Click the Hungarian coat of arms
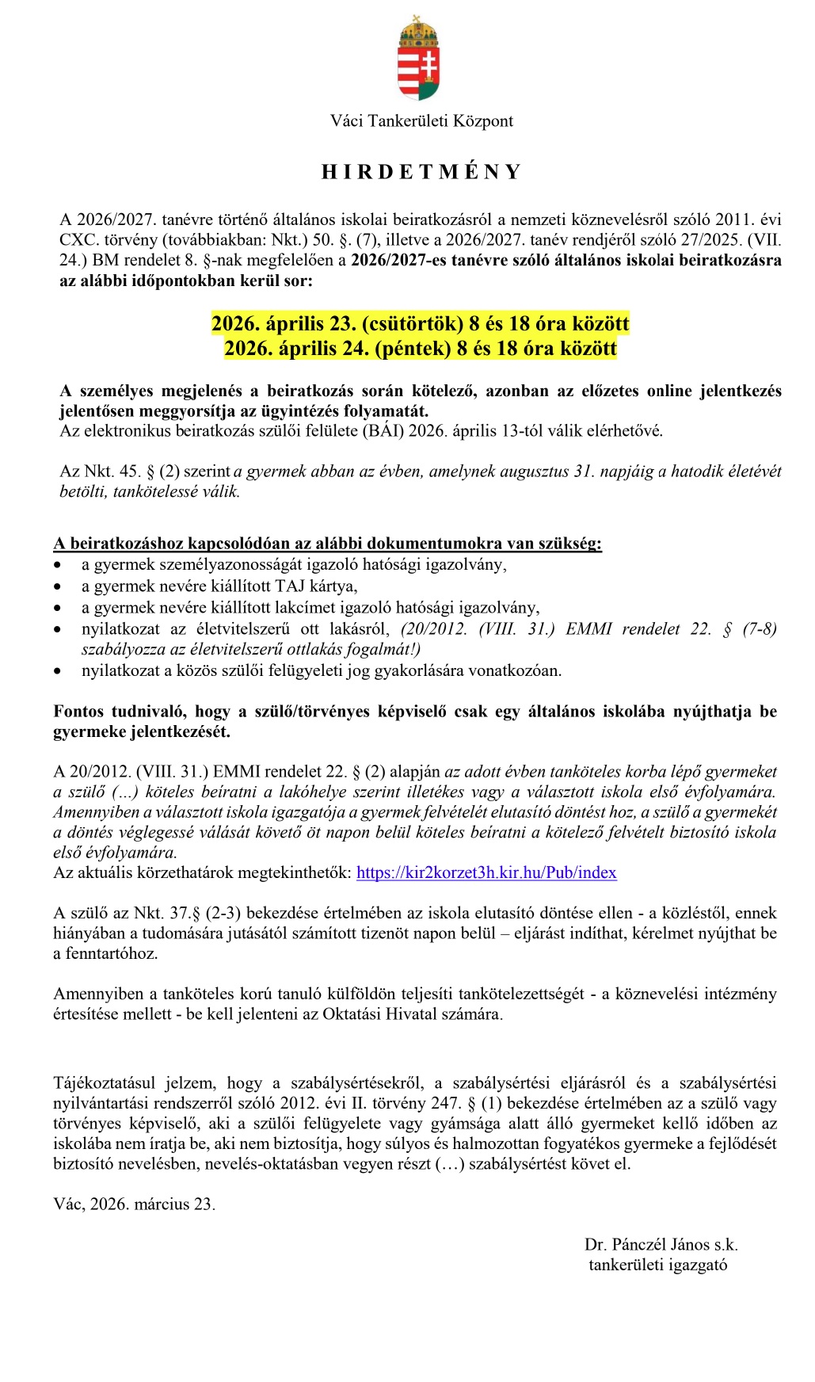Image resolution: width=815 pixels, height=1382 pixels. click(x=418, y=59)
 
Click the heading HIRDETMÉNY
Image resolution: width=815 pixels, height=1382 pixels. click(x=421, y=172)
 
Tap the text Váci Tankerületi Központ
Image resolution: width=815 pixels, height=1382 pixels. click(x=421, y=121)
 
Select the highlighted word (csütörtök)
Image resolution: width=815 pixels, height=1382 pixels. click(x=412, y=323)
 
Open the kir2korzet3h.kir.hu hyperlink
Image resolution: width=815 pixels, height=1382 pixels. click(x=486, y=872)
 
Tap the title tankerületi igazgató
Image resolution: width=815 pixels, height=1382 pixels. click(x=657, y=1265)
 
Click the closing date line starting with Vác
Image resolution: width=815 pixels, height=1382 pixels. click(x=134, y=1204)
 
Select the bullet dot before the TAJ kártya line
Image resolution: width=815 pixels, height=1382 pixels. click(x=58, y=587)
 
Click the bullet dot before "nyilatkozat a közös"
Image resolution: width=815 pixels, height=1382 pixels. click(x=58, y=671)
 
